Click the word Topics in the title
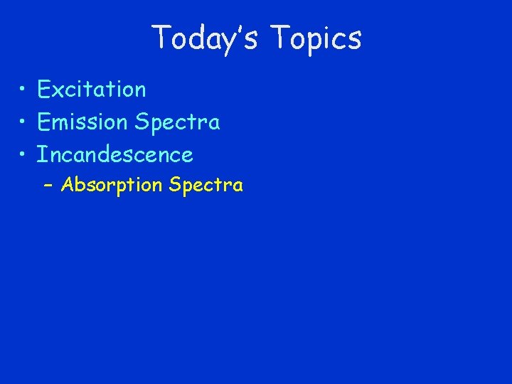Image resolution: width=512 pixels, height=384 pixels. [316, 38]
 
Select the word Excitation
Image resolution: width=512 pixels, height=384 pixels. [92, 90]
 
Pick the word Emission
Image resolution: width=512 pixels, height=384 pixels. [82, 122]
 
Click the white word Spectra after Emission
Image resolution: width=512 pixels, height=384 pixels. [176, 123]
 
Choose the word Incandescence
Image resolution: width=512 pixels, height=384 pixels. [115, 154]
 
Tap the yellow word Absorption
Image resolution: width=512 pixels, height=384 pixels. [112, 186]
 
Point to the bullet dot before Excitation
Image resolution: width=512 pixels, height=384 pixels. [23, 90]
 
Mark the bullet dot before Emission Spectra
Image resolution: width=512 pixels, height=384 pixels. [23, 122]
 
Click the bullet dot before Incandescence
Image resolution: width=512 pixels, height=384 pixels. [23, 154]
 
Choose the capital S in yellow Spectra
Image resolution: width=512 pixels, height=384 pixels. [175, 185]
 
